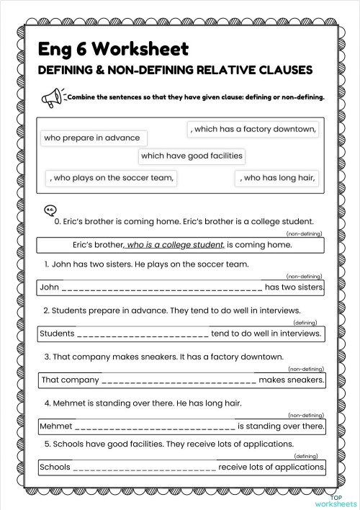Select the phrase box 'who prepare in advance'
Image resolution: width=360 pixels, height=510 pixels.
pos(91,138)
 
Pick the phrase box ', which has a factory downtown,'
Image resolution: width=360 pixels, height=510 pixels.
pos(253,129)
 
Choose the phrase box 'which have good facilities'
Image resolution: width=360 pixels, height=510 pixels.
pos(192,155)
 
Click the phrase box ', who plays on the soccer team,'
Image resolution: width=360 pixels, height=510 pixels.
pos(112,178)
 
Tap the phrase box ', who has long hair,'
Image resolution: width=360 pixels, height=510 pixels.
pos(277,178)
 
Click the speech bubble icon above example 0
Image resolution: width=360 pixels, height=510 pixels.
pos(50,210)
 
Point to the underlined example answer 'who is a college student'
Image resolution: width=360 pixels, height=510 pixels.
pos(176,244)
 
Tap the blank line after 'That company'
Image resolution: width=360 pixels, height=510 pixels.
pos(179,380)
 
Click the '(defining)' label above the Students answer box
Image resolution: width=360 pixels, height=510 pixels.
pos(305,323)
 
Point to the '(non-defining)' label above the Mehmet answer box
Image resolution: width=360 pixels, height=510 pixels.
pos(305,415)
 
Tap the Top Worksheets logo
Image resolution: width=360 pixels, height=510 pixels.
pos(343,499)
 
